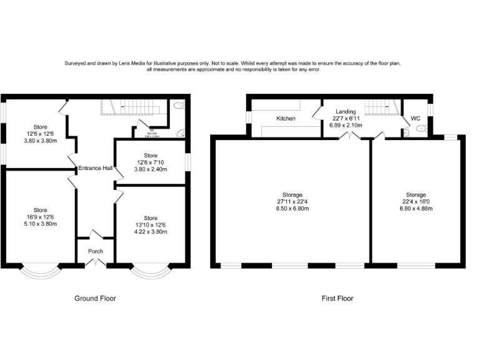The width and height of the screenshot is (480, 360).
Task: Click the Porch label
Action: pos(94,252)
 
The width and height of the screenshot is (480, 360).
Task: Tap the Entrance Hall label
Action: pos(95,168)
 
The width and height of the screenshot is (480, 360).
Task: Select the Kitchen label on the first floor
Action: pos(286,118)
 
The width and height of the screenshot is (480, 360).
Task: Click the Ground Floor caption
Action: pos(95,298)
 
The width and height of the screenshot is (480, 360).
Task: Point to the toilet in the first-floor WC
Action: pos(421,129)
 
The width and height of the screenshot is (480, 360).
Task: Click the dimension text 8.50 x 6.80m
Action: pos(291,208)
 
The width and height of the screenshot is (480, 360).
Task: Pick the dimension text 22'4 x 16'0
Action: pos(416,202)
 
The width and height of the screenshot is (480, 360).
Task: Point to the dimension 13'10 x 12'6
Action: pos(151,224)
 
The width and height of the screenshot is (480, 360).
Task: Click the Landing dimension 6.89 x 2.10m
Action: pos(346,125)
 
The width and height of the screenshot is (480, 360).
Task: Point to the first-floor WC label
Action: pos(416,118)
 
